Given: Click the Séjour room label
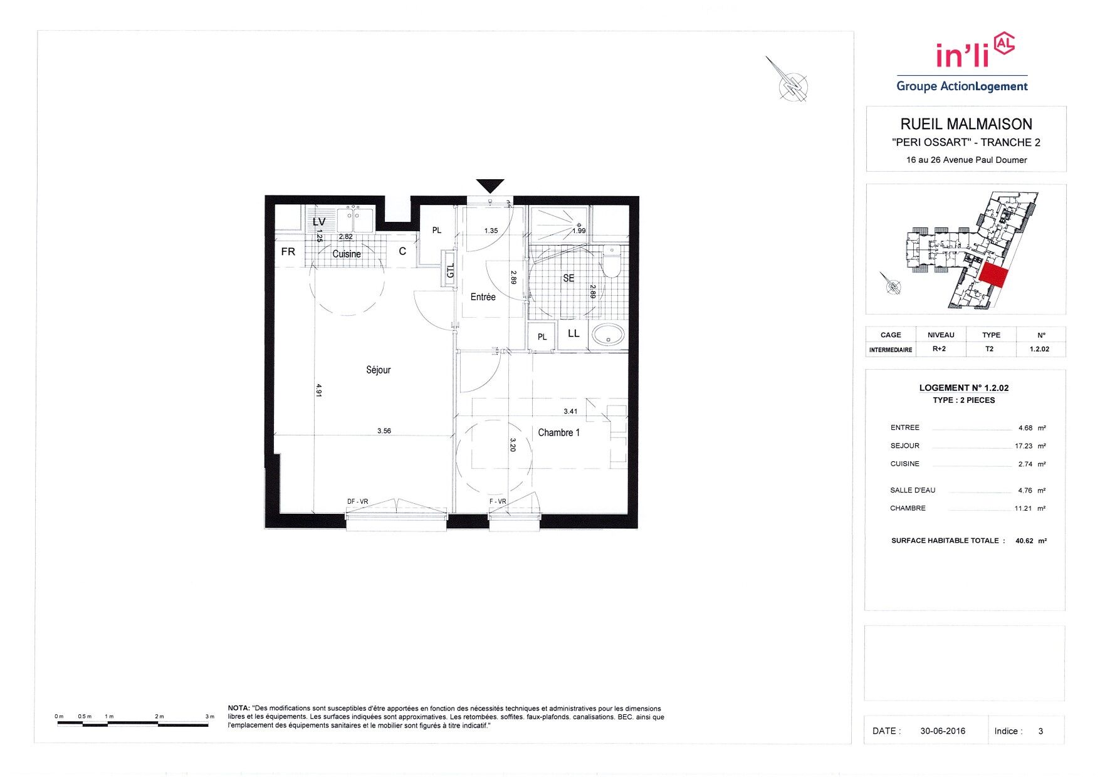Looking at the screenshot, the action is point(378,370).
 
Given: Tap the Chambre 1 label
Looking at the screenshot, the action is point(558,432).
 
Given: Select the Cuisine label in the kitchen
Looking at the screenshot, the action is point(347,254).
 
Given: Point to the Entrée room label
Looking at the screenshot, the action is point(483,297).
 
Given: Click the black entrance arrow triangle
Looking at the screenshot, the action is point(490,185).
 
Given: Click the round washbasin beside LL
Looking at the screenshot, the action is point(608,335).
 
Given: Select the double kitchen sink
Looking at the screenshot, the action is point(355,220).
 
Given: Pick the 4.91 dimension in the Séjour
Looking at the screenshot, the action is point(318,390).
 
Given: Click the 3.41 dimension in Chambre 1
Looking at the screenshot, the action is point(570,411).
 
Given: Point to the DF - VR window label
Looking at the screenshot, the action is point(357,501).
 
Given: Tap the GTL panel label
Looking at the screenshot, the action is point(450,271).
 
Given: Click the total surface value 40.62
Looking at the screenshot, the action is point(1024,541).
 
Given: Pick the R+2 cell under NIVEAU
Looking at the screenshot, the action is point(939,349).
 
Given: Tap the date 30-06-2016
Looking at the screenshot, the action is point(943,731).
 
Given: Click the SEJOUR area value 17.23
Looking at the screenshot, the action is point(1024,446).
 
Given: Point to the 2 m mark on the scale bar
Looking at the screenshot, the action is point(159,716).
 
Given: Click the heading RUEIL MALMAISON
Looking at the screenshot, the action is point(966,124).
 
